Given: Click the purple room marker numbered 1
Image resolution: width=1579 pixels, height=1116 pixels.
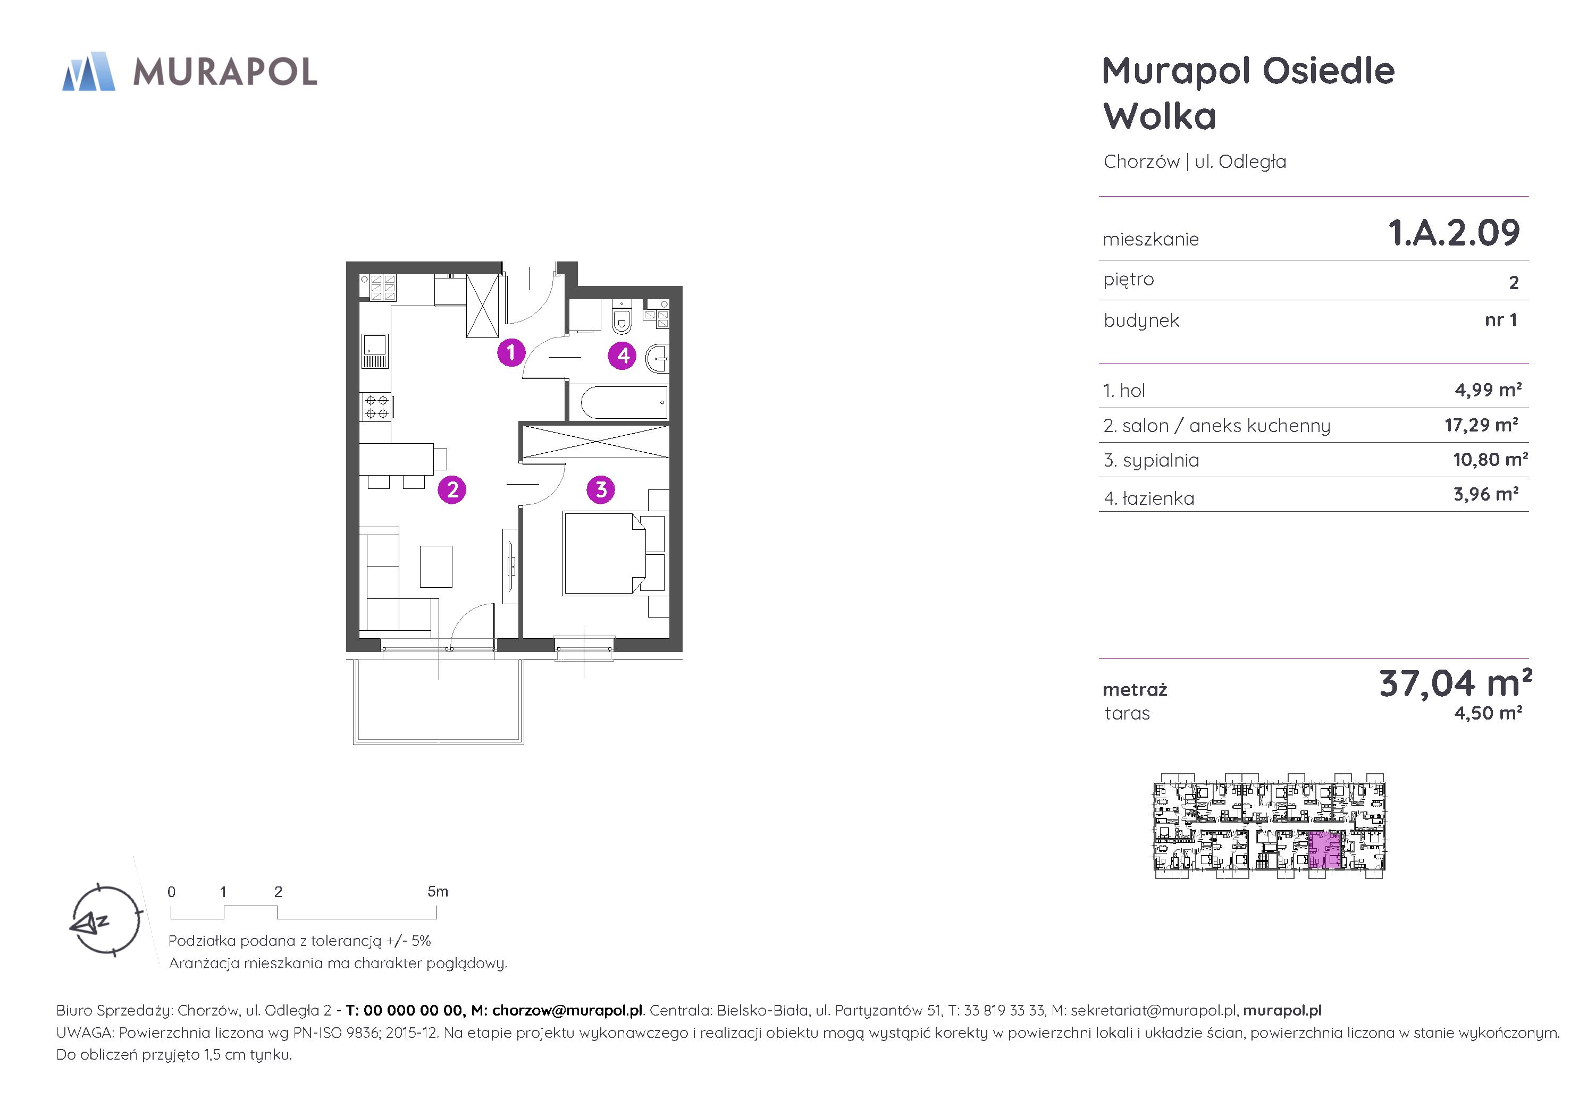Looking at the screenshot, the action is coord(511,353).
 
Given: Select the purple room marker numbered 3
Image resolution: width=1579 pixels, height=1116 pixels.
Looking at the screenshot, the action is coord(601,489).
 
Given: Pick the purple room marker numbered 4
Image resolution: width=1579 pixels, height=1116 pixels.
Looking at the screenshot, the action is coord(623,356).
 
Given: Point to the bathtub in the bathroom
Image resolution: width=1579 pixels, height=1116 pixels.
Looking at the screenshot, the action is coord(624,402).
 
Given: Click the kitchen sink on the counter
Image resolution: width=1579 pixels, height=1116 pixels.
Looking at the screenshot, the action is coord(375,352).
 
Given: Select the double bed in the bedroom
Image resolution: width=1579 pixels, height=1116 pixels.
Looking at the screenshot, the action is coord(605,553).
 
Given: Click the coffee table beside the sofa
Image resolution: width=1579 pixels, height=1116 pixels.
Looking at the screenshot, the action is coord(436,567).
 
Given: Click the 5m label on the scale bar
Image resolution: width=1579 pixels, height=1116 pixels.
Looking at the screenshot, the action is coord(438,892).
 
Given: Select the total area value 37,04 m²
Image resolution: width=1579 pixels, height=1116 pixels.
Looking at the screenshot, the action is coord(1456,683).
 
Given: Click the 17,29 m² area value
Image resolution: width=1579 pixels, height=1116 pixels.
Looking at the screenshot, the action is coord(1481,425).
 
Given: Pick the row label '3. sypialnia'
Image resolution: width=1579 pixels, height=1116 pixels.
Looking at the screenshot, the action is coord(1151,461).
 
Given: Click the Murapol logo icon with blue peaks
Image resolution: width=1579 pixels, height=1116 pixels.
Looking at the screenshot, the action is coord(89,72).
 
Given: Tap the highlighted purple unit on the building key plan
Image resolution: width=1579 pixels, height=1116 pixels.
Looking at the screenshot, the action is coord(1325,851).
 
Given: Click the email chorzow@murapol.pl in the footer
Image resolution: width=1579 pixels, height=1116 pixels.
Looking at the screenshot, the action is coord(567,1010).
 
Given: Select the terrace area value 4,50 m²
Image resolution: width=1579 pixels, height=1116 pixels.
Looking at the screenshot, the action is coord(1488,713).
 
